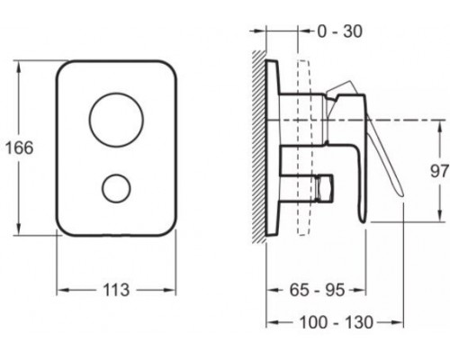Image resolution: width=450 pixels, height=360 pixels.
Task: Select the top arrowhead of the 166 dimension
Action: [19, 64]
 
